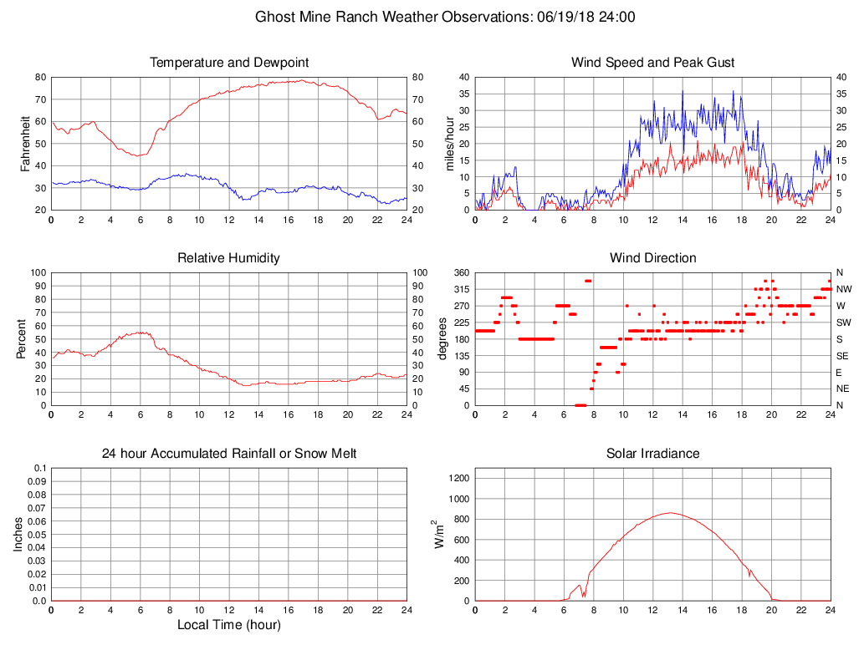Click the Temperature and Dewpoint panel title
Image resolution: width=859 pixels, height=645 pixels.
[229, 63]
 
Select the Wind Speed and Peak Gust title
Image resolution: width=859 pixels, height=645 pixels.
[653, 63]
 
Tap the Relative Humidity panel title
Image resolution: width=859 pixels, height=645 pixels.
[229, 258]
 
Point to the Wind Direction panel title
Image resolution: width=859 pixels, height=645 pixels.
[653, 258]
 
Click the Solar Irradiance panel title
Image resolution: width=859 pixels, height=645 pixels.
[653, 454]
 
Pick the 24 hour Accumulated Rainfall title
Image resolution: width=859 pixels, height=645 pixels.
[229, 454]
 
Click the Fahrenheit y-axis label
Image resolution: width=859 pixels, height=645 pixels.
[26, 144]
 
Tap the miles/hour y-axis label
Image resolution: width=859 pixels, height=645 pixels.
[450, 144]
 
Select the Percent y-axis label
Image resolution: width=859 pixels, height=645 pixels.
[21, 339]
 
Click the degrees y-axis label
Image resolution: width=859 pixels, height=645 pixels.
[443, 339]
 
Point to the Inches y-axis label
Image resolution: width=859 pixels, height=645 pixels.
[18, 535]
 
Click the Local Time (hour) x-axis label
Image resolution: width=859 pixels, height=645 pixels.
[229, 624]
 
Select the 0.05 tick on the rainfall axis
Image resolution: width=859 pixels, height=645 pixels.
[38, 535]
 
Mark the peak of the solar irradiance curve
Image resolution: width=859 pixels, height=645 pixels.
[669, 513]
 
